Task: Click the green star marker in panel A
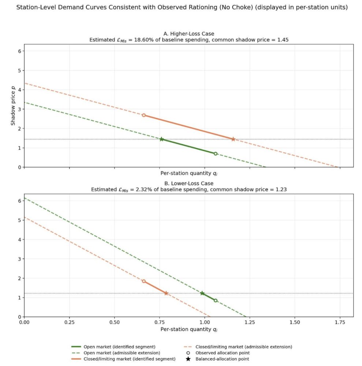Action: tap(161, 139)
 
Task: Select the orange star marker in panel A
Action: tap(233, 139)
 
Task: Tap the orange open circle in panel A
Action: tap(143, 115)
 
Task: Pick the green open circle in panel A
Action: tap(216, 154)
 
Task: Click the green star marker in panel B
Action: tap(202, 293)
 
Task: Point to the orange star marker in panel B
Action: tap(166, 293)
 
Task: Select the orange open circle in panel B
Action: tap(143, 281)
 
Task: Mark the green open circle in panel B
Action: tap(216, 300)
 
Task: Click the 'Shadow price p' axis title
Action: tap(13, 105)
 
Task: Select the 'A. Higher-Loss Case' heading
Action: tap(189, 34)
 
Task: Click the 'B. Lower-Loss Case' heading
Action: tap(189, 183)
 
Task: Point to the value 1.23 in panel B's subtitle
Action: tap(280, 190)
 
